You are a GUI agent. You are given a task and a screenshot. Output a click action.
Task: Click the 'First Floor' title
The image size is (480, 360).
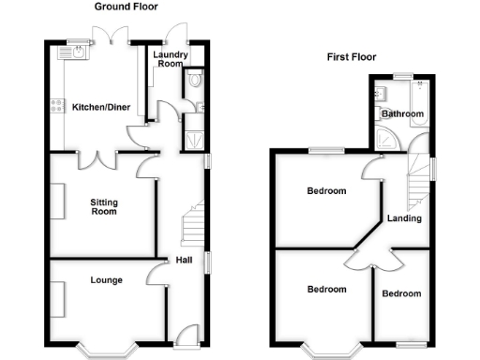352,57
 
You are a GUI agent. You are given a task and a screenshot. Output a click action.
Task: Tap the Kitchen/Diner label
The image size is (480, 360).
100,108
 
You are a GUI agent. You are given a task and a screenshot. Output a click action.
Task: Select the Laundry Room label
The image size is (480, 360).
170,61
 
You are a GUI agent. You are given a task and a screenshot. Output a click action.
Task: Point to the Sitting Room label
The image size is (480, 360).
104,206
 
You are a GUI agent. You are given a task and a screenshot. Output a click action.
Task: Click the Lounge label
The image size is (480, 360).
106,279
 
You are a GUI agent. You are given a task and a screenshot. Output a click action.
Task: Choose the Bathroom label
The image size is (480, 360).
403,114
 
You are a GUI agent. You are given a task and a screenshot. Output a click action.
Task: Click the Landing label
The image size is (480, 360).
404,219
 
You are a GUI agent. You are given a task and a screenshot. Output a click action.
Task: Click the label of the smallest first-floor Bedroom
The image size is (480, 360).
401,293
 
